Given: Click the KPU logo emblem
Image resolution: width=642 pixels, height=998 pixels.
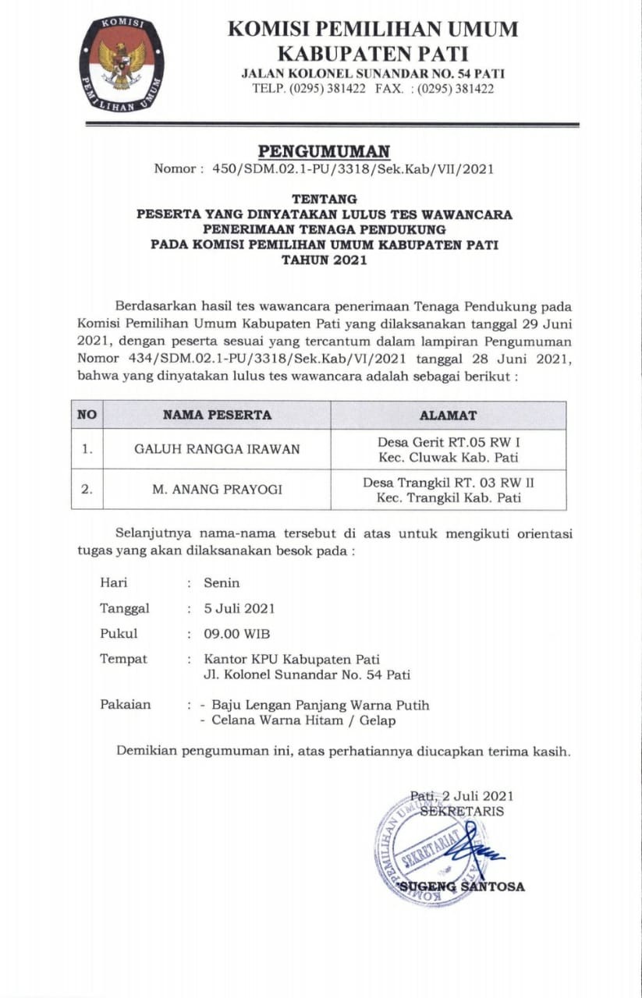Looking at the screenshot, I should [x=122, y=64].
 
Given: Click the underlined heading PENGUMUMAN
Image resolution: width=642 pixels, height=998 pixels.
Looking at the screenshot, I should [x=324, y=151].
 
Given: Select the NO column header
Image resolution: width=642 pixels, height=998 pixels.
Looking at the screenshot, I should [x=87, y=415].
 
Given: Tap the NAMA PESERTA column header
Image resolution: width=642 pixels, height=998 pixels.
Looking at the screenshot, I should [x=217, y=415].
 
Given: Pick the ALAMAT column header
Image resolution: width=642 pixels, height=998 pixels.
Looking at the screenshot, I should [x=448, y=415].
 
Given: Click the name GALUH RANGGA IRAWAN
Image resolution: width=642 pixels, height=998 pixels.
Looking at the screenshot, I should [x=217, y=449].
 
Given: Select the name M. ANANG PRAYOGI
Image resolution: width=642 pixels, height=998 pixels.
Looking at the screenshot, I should [x=217, y=490].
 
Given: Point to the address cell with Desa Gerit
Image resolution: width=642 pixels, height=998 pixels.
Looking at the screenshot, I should [x=448, y=449].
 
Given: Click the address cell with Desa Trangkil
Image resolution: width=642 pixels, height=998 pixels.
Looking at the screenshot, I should [x=448, y=490].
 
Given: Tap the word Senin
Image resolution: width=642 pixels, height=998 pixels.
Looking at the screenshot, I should [x=222, y=582].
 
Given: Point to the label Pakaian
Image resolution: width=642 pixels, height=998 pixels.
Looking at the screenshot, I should [x=125, y=704].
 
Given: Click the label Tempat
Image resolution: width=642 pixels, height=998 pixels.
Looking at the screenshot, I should [x=123, y=659].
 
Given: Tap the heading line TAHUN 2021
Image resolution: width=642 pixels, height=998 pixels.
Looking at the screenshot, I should [x=324, y=260].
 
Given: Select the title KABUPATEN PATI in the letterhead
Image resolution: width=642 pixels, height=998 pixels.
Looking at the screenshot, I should [x=372, y=54].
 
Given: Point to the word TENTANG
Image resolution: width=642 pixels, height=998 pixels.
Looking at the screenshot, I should [x=324, y=199].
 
